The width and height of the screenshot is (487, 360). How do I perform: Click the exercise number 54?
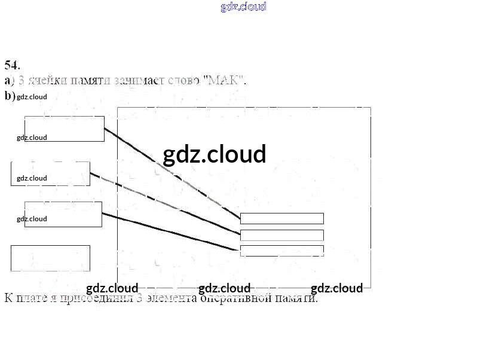pos(12,65)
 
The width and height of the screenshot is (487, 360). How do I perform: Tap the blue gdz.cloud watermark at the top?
pos(243,7)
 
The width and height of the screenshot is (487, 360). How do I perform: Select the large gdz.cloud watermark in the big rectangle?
pos(214,154)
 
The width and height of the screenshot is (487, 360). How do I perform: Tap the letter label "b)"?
pos(10,96)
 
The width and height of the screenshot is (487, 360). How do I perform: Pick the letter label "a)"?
pos(10,80)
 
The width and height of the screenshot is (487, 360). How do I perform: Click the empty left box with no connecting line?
pos(50,258)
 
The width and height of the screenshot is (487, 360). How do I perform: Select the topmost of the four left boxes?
pos(65,129)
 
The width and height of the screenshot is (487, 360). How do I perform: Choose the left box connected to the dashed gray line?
pos(50,173)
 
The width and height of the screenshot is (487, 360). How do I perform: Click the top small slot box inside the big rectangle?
pos(281,218)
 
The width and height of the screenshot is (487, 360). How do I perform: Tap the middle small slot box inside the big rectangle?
pos(281,235)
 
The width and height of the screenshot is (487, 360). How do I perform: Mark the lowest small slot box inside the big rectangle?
pos(281,251)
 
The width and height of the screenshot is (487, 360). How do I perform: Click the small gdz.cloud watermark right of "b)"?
pos(32,96)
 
